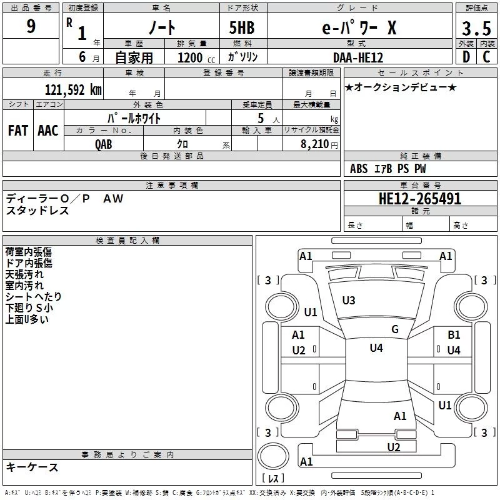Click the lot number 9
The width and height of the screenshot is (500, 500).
click(31, 27)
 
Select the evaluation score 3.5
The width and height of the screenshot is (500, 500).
click(476, 28)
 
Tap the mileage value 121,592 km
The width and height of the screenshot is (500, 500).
click(72, 89)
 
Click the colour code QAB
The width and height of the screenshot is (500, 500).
click(104, 144)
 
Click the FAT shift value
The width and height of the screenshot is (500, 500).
click(17, 130)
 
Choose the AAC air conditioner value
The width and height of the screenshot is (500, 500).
click(48, 130)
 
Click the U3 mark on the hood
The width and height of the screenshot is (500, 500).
click(349, 301)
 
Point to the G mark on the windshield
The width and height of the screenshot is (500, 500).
click(395, 329)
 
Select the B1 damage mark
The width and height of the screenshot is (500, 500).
click(454, 335)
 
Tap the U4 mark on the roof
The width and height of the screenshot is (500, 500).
click(376, 348)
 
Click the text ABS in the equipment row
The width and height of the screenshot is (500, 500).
click(359, 169)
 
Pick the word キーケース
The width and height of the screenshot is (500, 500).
click(32, 467)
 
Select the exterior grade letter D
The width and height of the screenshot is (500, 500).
click(466, 57)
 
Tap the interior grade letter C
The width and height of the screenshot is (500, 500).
click(486, 57)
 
